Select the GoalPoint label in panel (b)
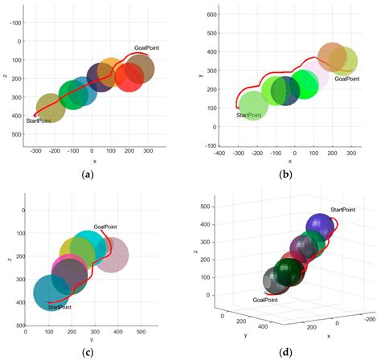point(348,79)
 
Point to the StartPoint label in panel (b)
point(252,116)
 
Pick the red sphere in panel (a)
point(129,78)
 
